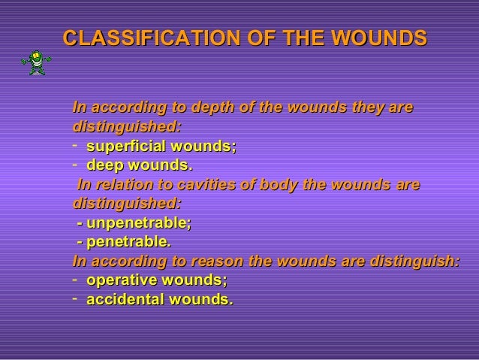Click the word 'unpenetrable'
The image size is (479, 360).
(138, 224)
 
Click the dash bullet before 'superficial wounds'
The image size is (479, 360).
(76, 145)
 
